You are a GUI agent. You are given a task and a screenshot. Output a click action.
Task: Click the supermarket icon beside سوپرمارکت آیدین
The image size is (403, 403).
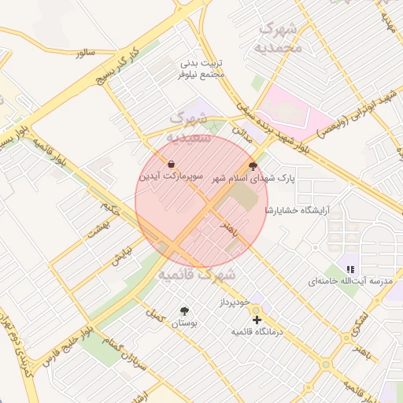click(x=171, y=164)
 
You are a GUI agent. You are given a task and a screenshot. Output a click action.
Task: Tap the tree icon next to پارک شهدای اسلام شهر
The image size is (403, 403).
click(x=253, y=166)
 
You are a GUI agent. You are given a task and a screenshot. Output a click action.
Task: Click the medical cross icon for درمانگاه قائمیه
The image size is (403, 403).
click(x=257, y=320)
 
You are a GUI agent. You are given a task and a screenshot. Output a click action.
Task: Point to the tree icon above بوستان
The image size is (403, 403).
click(x=185, y=312)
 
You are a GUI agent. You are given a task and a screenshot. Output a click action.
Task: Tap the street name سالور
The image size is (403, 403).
click(x=85, y=53)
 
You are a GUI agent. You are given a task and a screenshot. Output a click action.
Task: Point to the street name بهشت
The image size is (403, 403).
click(x=111, y=228)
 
